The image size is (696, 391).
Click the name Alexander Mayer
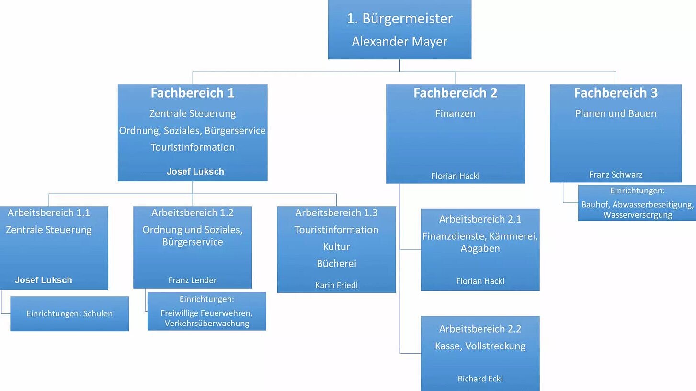pos(399,42)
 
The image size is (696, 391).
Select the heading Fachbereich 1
pos(193,93)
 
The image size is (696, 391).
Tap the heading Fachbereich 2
pos(455,93)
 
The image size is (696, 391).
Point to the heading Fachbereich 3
pos(616,93)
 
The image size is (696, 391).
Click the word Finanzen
pos(455,113)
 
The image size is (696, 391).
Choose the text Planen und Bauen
pos(616,113)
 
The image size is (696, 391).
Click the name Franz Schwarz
pos(616,175)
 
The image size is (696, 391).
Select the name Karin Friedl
pos(336,285)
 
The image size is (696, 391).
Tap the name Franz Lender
pos(193,280)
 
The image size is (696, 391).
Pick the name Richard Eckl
pos(480,379)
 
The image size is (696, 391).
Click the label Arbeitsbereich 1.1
pos(49,212)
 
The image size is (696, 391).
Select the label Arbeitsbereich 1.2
pos(193,212)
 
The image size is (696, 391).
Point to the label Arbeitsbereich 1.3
pos(336,212)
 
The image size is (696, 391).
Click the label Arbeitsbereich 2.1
pos(480,219)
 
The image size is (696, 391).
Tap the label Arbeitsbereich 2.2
pos(480,329)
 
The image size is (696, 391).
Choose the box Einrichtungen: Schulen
pos(69,314)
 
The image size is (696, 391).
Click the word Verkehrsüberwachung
pos(207,324)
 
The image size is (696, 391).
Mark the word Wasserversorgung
pos(637,215)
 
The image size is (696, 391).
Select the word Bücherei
pos(336,264)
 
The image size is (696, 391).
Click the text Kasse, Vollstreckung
pos(480,346)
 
